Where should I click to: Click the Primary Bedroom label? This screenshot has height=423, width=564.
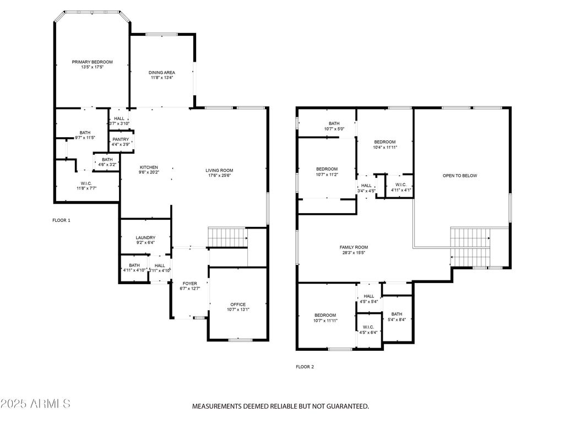[92, 62]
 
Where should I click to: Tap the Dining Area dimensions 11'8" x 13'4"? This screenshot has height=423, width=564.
[162, 77]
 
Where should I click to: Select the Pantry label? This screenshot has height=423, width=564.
[121, 139]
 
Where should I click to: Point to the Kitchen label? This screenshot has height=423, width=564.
[149, 167]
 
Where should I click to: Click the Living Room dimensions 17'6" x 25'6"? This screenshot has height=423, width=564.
[219, 176]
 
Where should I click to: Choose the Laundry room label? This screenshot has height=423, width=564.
[145, 238]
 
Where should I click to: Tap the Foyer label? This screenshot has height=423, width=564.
[190, 284]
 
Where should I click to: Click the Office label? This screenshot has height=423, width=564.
[238, 304]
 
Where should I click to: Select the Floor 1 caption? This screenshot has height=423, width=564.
[62, 220]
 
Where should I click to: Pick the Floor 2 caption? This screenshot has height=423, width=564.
[305, 367]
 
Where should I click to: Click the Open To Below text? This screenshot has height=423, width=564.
[460, 176]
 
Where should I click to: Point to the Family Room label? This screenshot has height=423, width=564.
[354, 247]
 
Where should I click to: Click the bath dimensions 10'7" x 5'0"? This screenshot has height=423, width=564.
[334, 129]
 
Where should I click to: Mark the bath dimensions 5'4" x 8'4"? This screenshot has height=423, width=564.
[397, 319]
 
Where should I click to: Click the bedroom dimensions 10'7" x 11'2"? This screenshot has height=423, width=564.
[327, 175]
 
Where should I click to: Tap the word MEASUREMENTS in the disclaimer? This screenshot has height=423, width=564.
[216, 406]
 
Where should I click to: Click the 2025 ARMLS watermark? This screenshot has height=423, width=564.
[35, 404]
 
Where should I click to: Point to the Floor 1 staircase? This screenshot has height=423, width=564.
[228, 237]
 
